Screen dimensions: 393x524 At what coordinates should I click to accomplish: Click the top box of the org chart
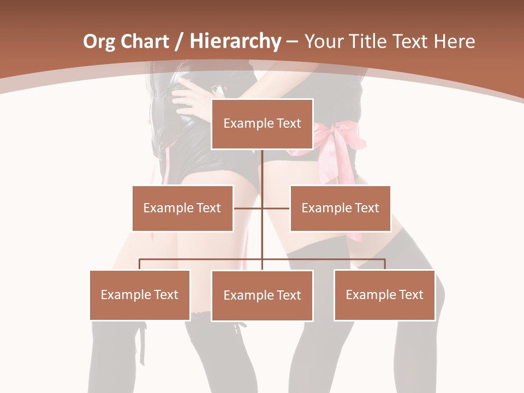coord(262,124)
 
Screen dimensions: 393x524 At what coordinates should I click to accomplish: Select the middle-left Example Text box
coord(182,208)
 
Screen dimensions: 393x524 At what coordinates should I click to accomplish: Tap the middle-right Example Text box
coord(340,208)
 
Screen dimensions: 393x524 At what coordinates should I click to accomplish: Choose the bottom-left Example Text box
coord(140,295)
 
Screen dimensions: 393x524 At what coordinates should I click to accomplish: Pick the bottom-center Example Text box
coord(262,295)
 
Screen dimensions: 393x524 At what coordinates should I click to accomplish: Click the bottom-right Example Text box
coord(384,295)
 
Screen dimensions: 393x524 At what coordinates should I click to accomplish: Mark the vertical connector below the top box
coord(262,169)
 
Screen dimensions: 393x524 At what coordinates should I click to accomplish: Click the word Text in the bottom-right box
coord(411,295)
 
